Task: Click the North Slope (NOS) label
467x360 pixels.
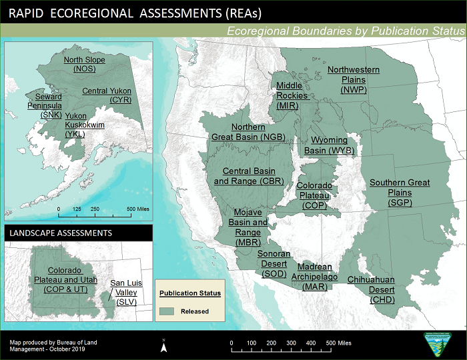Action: [84, 64]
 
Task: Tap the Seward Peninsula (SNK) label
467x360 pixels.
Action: [44, 105]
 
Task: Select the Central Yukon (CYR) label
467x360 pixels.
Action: [107, 95]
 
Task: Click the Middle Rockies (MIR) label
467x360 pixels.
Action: [292, 95]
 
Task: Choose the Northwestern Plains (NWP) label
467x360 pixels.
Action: [353, 79]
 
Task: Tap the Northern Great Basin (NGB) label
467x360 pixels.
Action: [258, 132]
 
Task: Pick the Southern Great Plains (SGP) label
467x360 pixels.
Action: [400, 192]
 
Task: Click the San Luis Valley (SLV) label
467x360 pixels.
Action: [126, 293]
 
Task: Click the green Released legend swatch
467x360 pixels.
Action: [167, 311]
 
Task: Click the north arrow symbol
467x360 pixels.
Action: [163, 345]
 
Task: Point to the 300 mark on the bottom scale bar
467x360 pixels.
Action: [291, 343]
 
